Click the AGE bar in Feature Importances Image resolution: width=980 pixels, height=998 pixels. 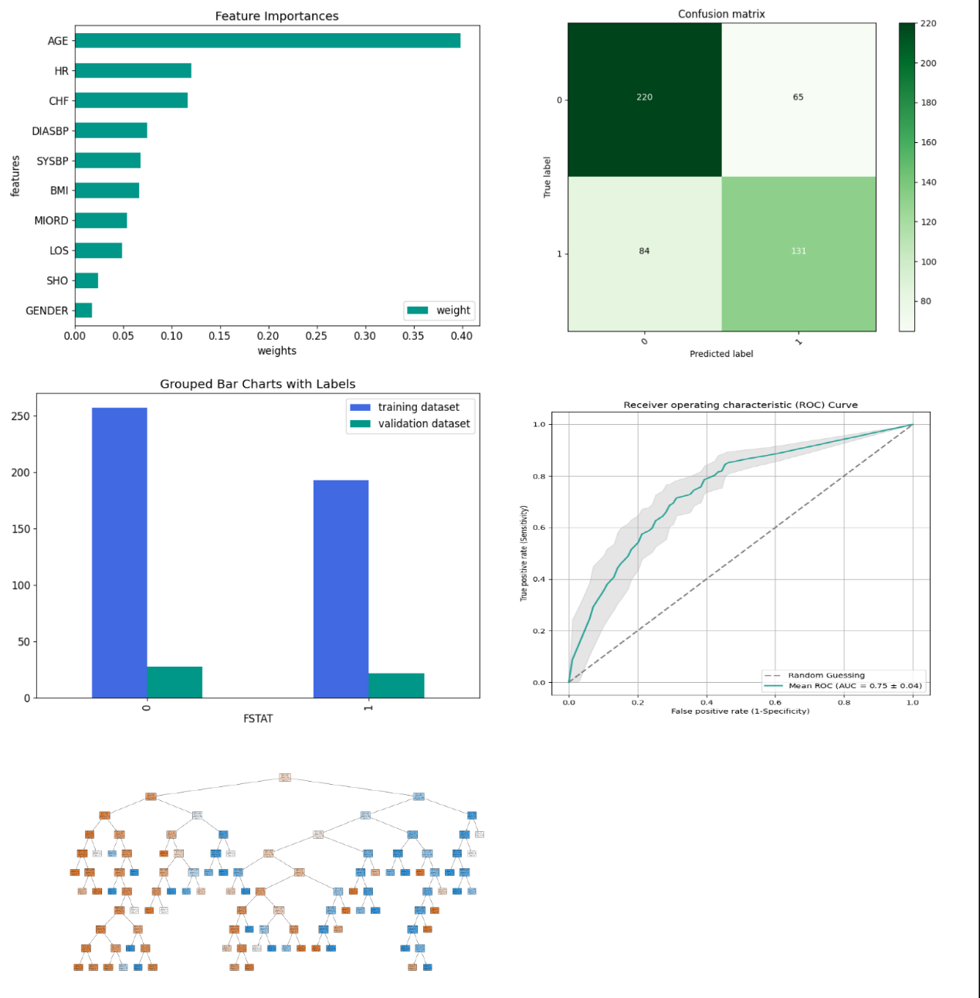267,41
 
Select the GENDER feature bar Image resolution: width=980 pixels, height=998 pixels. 83,311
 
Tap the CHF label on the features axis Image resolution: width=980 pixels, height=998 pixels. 59,101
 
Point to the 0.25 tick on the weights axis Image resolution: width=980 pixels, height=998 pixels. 316,336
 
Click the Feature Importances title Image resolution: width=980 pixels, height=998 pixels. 276,16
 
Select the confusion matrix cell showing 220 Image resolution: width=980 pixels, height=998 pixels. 645,98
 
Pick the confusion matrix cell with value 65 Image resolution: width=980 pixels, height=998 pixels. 798,98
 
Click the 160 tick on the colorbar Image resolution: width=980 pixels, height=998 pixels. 927,142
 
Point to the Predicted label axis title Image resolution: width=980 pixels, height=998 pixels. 721,354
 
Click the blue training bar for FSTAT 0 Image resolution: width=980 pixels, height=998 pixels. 119,552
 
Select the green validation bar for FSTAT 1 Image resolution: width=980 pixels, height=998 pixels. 396,685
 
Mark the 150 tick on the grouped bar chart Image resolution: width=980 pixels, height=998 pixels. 21,529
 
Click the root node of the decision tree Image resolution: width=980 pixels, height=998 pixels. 284,777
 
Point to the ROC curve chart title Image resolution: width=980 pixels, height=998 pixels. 740,405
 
